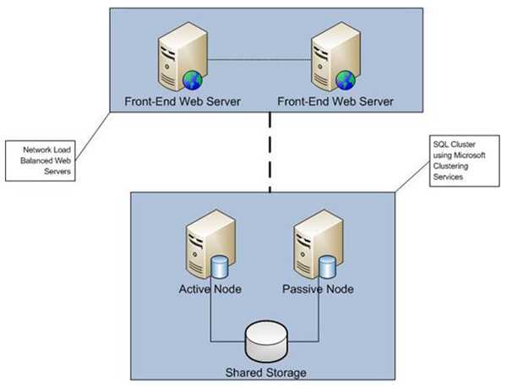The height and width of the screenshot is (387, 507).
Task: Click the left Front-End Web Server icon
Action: pyautogui.click(x=173, y=59)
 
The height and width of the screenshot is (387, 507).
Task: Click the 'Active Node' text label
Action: pyautogui.click(x=211, y=290)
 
